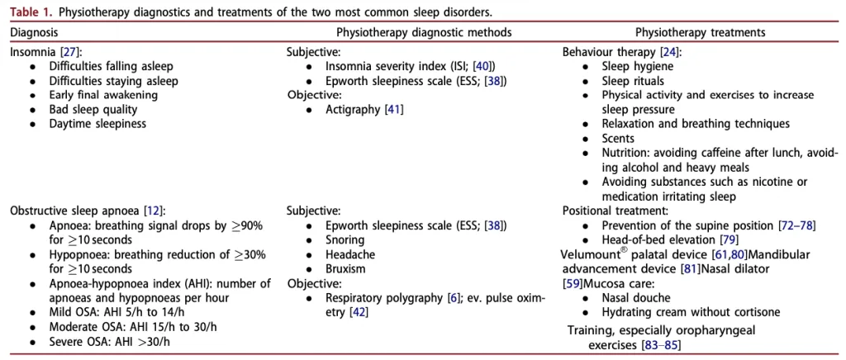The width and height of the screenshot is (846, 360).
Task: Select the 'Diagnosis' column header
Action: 34,32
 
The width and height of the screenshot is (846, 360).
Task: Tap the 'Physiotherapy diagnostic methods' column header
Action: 424,32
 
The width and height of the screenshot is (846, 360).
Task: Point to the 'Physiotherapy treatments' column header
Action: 701,32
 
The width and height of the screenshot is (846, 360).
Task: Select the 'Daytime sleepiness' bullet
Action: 97,123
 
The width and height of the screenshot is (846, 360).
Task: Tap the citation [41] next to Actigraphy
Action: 394,109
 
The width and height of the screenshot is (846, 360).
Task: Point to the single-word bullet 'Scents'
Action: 619,137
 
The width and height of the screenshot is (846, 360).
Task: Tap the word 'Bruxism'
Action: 345,268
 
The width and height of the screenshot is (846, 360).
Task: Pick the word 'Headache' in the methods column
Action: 350,253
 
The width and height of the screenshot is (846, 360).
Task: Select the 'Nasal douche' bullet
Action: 635,298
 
